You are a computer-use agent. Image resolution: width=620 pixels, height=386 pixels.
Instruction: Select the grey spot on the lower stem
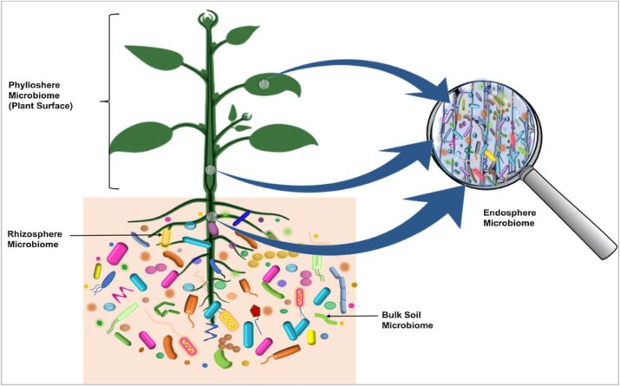pos(209,171)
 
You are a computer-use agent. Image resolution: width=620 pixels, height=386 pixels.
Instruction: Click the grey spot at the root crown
pos(210,216)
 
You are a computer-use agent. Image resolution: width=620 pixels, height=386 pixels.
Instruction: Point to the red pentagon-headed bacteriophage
pos(256,310)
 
